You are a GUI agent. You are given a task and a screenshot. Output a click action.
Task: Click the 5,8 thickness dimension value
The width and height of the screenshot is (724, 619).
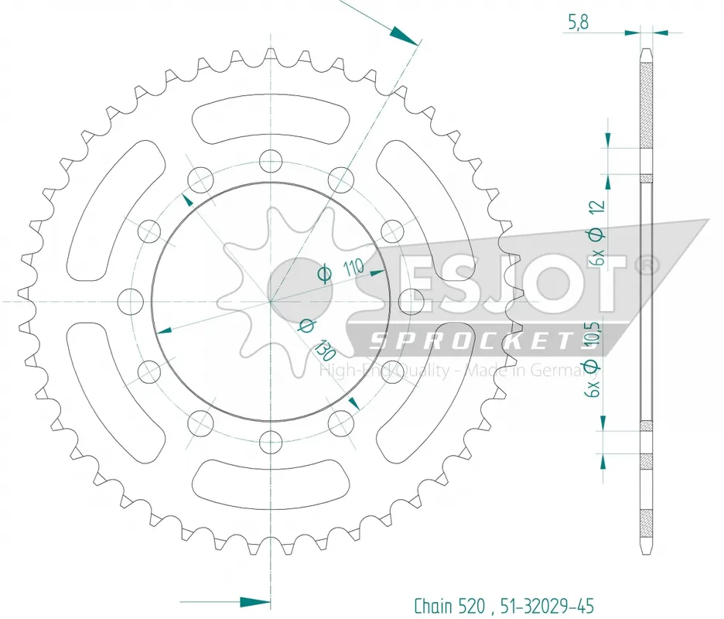tap(578, 22)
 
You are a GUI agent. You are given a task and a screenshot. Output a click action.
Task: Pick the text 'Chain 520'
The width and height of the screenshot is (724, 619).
tap(449, 605)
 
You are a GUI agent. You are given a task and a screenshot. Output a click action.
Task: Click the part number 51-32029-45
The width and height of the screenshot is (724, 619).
tap(544, 605)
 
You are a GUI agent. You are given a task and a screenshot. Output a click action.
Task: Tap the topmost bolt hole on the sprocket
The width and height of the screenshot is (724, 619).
tap(271, 161)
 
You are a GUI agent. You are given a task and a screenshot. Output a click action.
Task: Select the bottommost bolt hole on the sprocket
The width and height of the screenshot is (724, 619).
tap(271, 442)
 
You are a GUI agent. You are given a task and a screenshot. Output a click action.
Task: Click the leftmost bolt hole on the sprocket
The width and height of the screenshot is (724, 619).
tap(130, 301)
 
